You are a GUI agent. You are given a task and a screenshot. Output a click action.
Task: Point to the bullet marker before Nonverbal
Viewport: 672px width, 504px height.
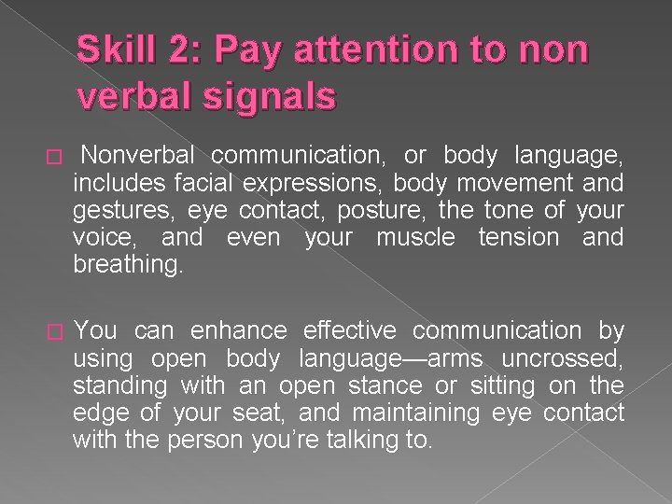pos(52,152)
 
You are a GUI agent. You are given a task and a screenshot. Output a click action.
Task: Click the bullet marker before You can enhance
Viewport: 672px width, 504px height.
pos(52,331)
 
